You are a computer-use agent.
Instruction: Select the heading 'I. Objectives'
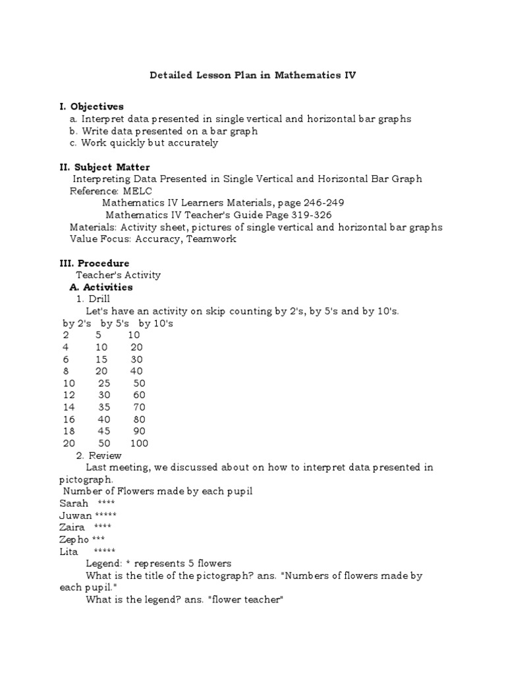(x=92, y=106)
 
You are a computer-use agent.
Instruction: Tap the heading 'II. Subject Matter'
(x=105, y=167)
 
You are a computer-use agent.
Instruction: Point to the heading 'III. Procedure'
(x=94, y=263)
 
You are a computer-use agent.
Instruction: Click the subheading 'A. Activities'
(x=101, y=287)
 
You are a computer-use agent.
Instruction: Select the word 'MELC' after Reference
(x=137, y=191)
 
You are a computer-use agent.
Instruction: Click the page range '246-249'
(x=322, y=202)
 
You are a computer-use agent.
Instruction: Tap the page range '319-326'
(x=309, y=215)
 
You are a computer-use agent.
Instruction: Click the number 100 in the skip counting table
(x=140, y=443)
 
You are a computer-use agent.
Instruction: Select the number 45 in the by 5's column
(x=104, y=431)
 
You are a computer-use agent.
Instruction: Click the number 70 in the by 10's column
(x=138, y=407)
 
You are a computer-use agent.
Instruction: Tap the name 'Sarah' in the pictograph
(x=73, y=503)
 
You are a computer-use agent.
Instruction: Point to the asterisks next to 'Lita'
(x=104, y=551)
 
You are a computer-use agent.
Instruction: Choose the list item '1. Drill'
(x=94, y=299)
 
